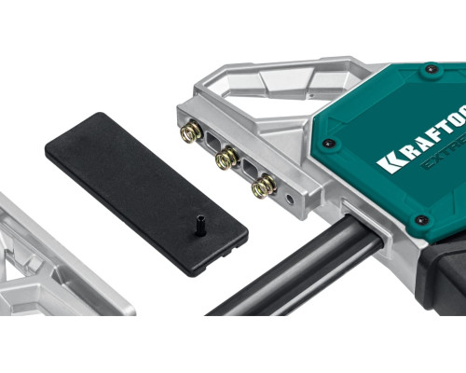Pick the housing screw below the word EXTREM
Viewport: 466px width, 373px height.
click(x=420, y=221)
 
